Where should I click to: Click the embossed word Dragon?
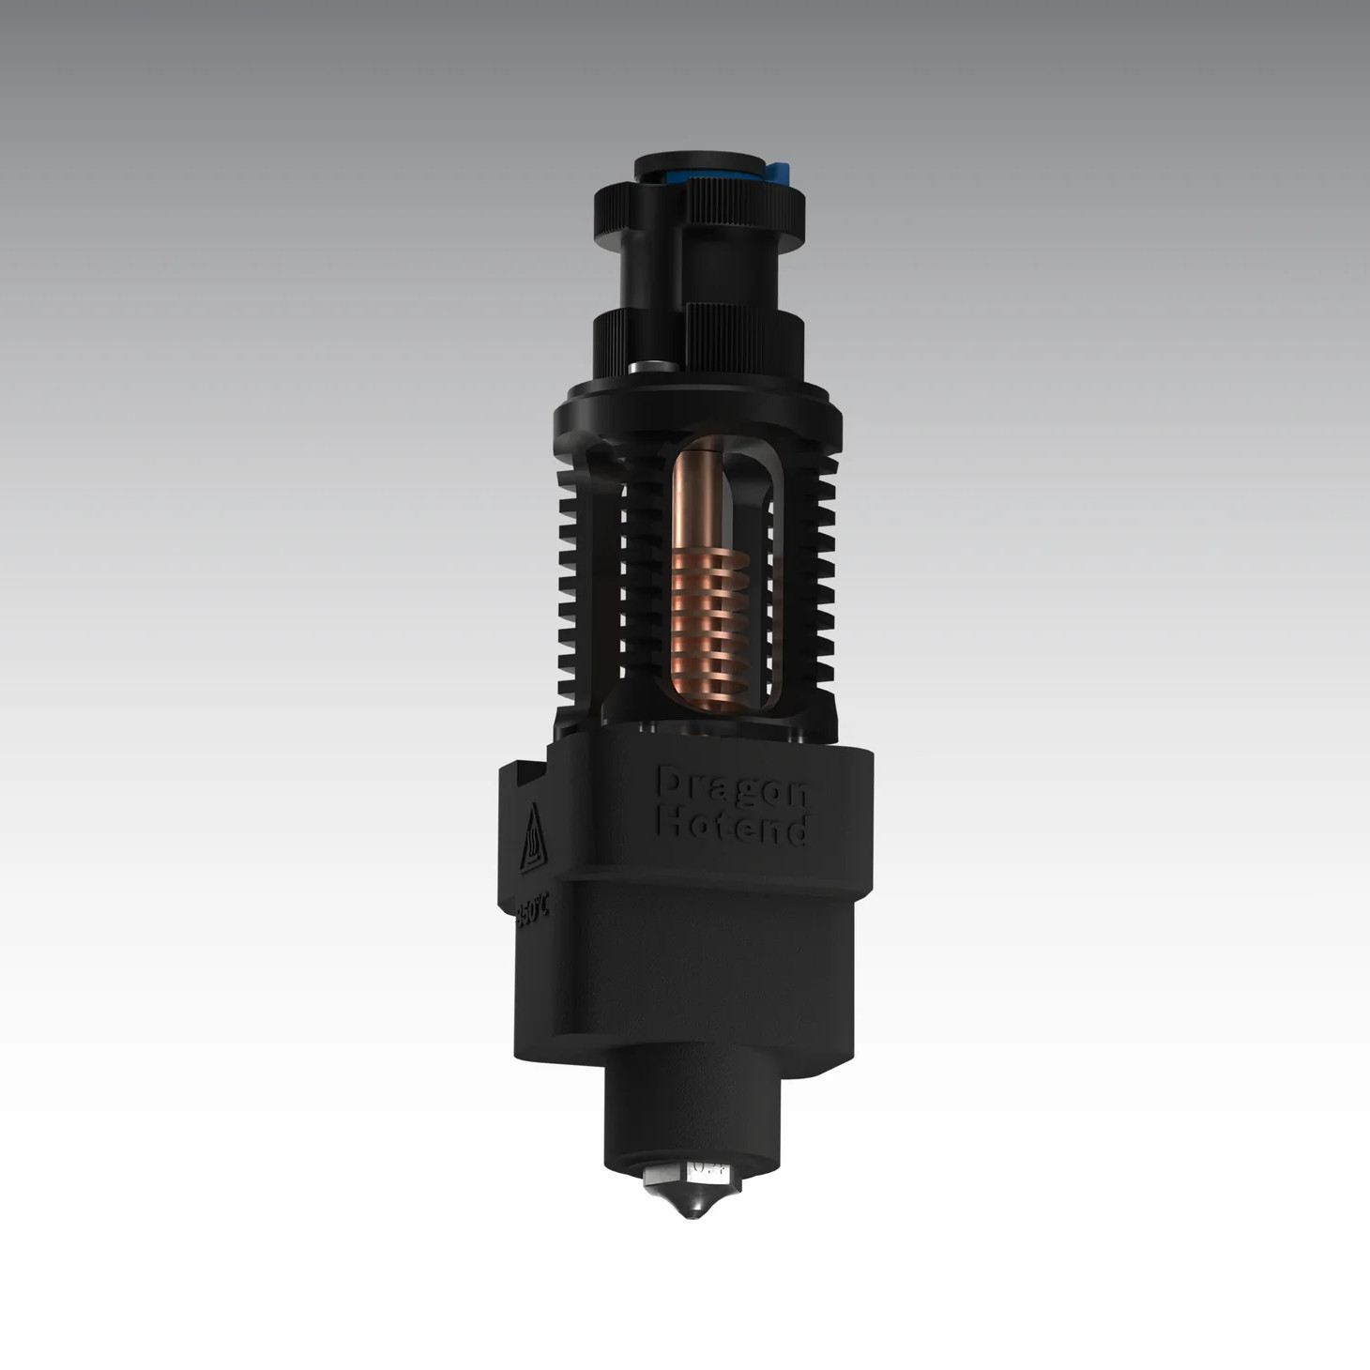(x=732, y=788)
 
